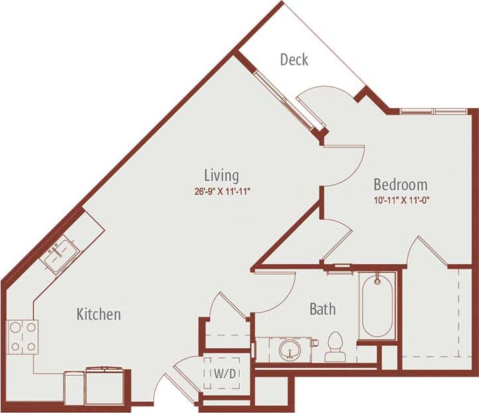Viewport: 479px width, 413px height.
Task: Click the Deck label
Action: click(294, 60)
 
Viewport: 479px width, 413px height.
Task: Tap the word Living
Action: click(221, 175)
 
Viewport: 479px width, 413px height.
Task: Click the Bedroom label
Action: click(400, 184)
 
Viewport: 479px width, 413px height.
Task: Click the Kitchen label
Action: click(98, 313)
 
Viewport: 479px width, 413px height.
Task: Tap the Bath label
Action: click(322, 309)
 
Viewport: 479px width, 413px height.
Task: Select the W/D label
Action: click(223, 374)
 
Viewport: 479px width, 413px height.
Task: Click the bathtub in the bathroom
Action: click(377, 306)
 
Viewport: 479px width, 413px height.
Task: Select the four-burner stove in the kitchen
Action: click(22, 337)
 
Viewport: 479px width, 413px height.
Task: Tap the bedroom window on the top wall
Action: click(425, 110)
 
